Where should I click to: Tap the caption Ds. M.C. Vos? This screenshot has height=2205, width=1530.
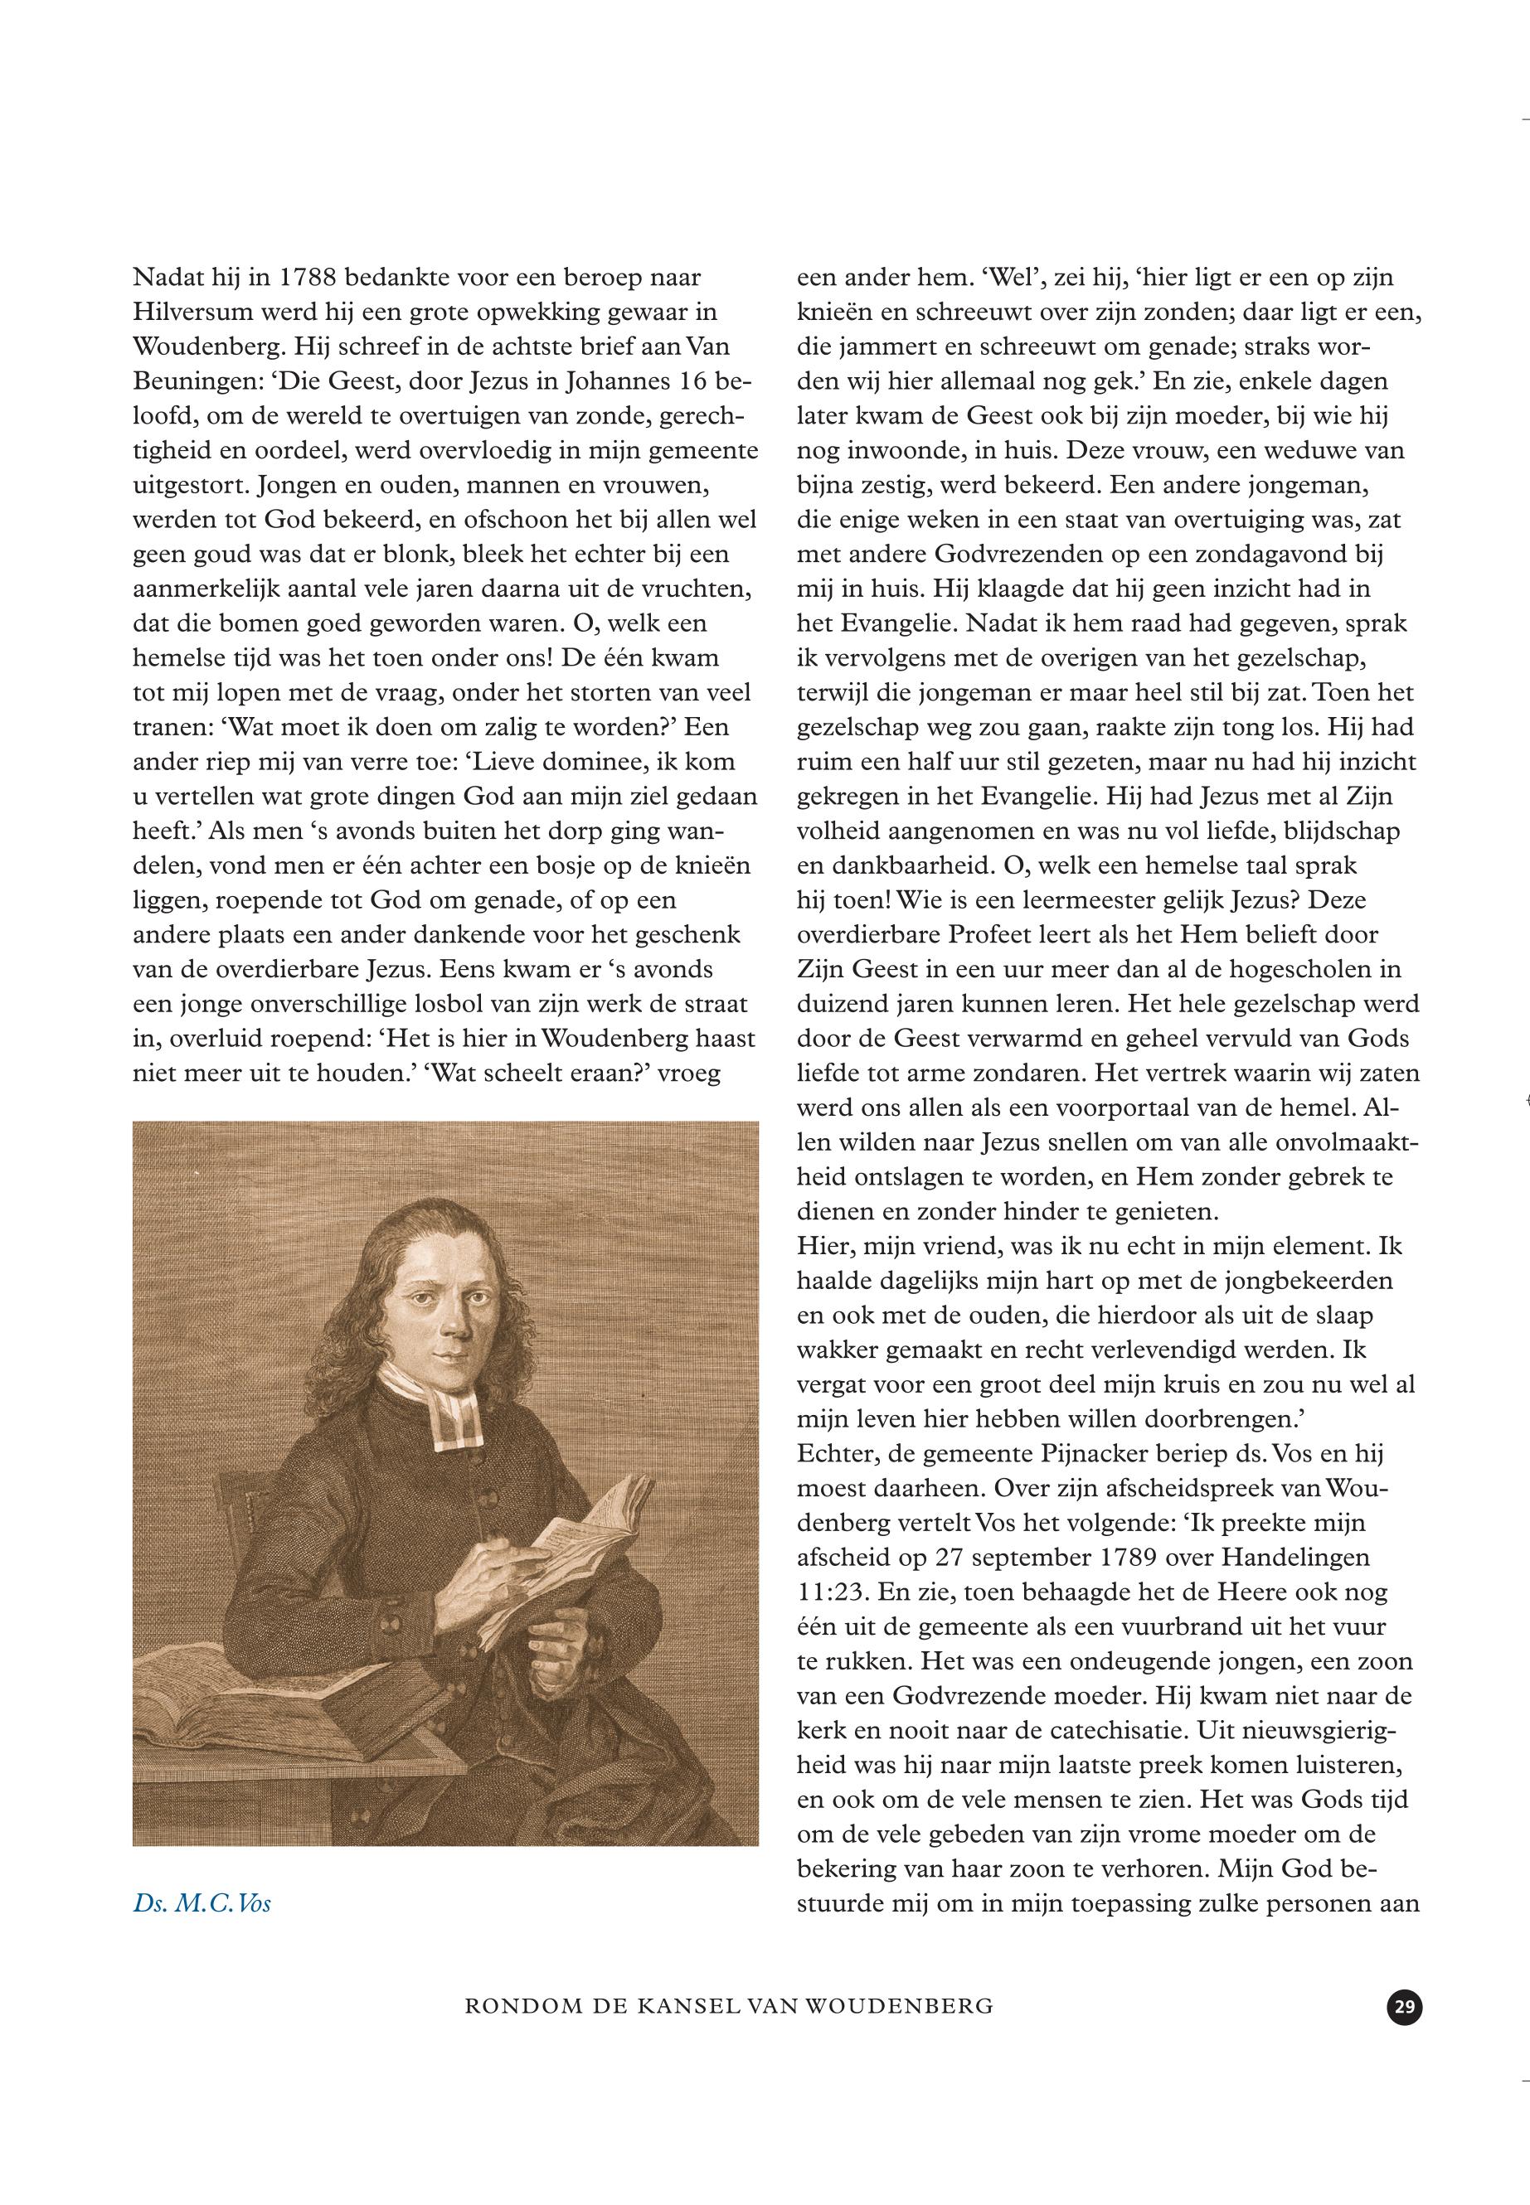point(202,1902)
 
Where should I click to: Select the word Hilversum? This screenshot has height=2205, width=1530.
point(192,313)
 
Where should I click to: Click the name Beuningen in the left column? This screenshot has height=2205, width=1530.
point(196,381)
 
